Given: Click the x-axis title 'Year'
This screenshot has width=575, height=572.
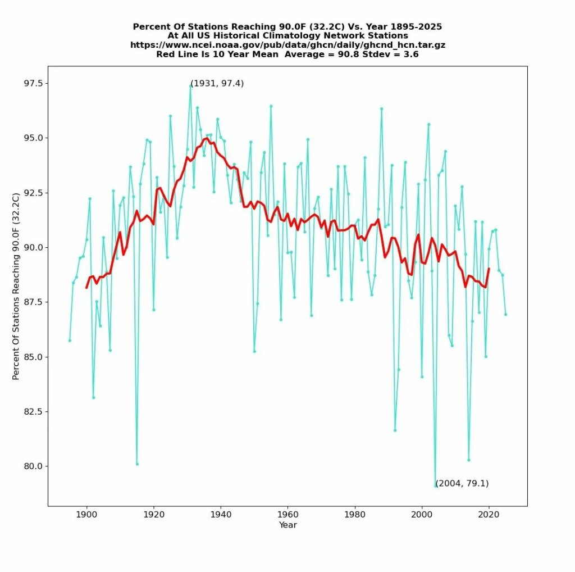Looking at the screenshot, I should (x=287, y=525).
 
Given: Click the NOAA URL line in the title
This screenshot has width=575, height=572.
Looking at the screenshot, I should (x=287, y=45).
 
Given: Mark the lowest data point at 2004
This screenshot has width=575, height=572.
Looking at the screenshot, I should (x=435, y=486).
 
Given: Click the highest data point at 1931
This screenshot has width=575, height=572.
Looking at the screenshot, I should (x=190, y=85).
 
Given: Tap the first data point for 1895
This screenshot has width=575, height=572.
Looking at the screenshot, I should (x=70, y=340).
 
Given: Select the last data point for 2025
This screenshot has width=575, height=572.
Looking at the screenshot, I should (x=505, y=314).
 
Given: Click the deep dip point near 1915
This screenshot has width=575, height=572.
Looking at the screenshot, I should (x=137, y=464).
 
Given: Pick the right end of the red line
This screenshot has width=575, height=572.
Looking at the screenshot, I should (x=489, y=269).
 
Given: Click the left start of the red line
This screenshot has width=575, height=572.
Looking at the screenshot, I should (x=86, y=288).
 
